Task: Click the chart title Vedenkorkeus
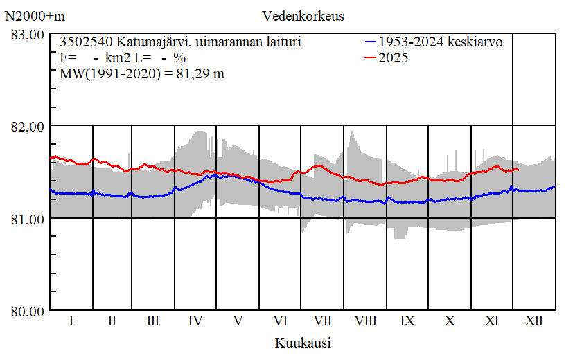click(x=303, y=16)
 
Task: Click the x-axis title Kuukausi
click(x=303, y=343)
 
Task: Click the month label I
click(x=71, y=321)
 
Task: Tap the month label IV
click(x=195, y=321)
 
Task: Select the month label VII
click(x=322, y=321)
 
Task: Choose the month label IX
click(x=407, y=321)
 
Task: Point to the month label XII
click(x=534, y=321)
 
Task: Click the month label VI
click(x=281, y=321)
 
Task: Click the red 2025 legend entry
click(x=394, y=58)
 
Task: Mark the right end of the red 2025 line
click(x=518, y=170)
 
